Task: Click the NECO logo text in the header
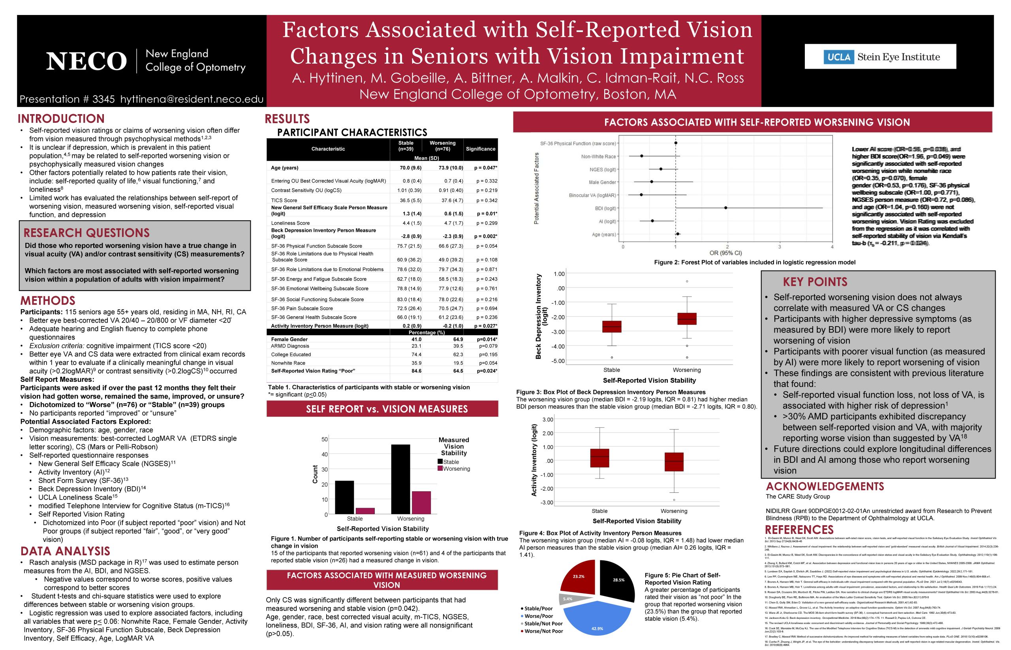86,61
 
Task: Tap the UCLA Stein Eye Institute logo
880,57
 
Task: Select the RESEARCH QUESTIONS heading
86,233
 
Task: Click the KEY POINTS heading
815,282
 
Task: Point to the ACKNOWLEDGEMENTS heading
825,486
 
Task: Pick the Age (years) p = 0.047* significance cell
485,168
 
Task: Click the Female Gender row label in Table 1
289,339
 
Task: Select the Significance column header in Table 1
480,149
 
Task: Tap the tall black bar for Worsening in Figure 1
400,479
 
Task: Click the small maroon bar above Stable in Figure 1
365,511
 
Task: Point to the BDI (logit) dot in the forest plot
725,208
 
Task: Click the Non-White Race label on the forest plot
598,157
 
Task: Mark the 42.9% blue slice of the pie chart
597,620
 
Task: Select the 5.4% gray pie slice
568,599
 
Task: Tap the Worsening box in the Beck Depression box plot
687,319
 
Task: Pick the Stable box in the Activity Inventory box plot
599,458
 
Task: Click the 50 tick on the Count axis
325,440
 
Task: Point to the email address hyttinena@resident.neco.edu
192,99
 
